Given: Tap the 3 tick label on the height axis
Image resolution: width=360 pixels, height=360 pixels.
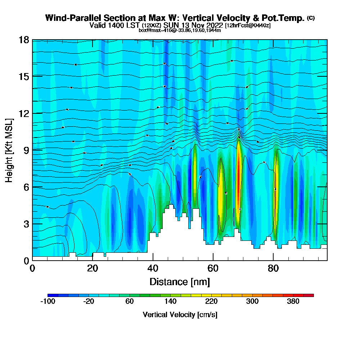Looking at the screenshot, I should pos(26,224).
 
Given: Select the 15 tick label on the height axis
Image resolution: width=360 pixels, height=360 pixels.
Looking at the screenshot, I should pos(24,76).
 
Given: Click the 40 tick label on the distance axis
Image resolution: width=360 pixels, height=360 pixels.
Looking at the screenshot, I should pos(153,268).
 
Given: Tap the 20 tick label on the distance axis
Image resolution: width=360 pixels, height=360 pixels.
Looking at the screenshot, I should pos(93,268).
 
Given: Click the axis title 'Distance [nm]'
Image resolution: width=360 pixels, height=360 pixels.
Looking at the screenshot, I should pos(180,281).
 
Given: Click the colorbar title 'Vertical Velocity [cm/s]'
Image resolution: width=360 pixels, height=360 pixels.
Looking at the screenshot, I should pos(180,315).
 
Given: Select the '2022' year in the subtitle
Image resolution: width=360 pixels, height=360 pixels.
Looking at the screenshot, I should pos(211,26).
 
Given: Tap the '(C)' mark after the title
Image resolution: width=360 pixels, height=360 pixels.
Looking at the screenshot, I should pos(311,18).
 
